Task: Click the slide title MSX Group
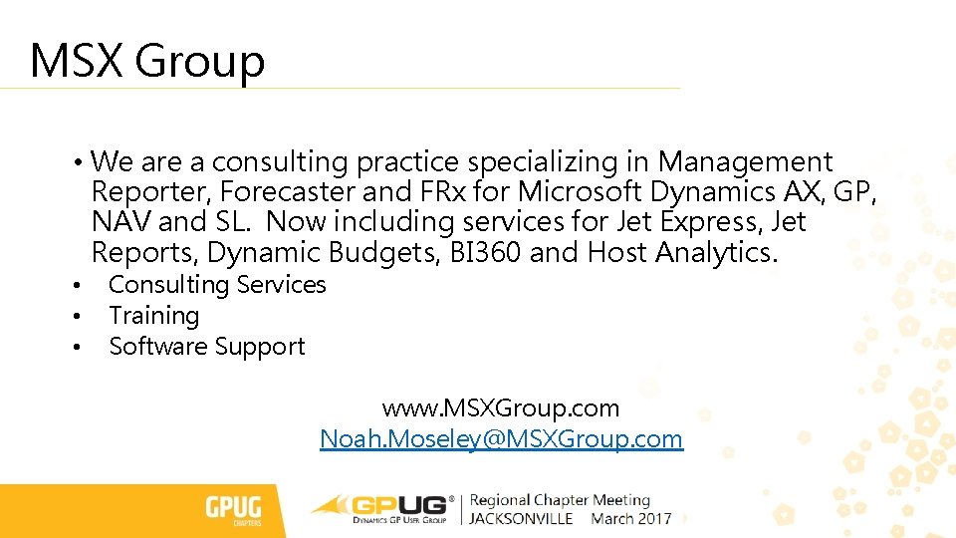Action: click(147, 60)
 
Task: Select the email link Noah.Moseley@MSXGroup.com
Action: click(501, 438)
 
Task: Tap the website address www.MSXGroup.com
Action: click(501, 408)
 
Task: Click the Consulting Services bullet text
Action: click(217, 285)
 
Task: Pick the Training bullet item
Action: click(153, 316)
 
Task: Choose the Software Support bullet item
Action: click(206, 347)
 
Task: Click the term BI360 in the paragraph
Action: click(483, 253)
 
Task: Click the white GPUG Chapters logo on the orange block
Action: click(234, 510)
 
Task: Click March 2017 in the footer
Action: click(630, 519)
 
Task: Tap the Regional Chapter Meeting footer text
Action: click(560, 500)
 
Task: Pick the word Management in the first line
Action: click(745, 161)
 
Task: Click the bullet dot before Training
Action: click(75, 318)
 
